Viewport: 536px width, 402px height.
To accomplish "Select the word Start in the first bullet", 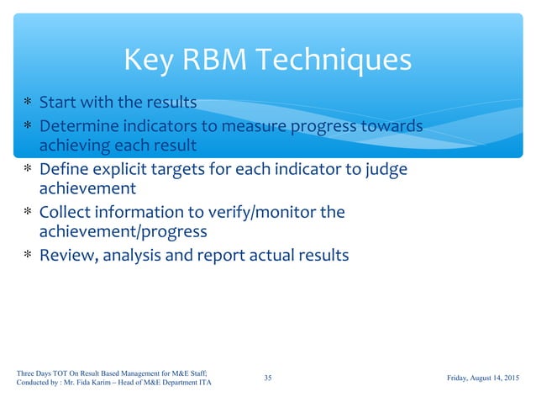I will [x=58, y=103].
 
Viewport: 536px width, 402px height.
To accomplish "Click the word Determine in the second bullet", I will [x=77, y=125].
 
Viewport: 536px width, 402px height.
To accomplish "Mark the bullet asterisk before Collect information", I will [x=28, y=213].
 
